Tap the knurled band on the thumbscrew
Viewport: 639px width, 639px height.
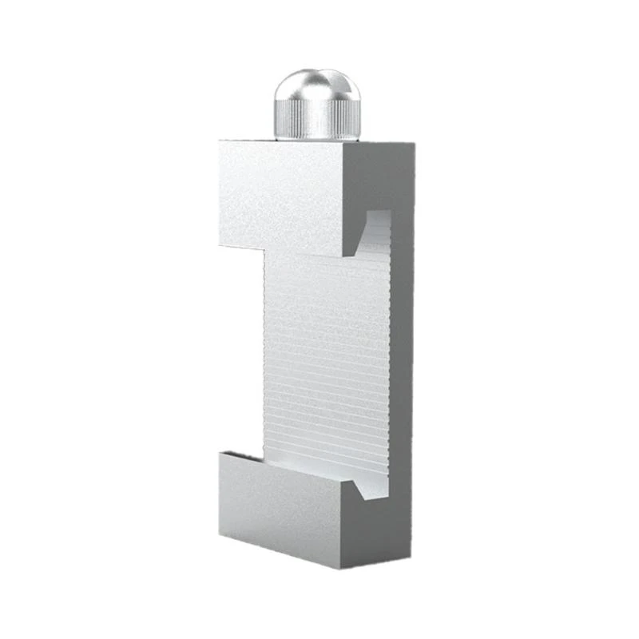point(316,120)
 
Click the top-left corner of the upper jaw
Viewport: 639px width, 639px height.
point(220,142)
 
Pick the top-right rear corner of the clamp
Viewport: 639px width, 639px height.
point(414,145)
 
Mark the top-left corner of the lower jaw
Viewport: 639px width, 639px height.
point(220,452)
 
